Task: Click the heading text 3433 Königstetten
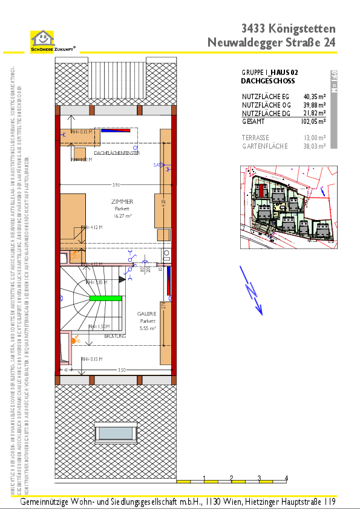(288, 28)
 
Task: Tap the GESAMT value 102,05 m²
(313, 121)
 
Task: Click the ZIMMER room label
(122, 201)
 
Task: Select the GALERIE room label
(148, 313)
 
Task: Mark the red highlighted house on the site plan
(261, 191)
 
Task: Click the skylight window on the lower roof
(117, 432)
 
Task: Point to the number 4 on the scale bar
(286, 478)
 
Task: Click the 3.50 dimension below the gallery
(121, 369)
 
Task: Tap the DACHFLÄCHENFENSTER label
(117, 154)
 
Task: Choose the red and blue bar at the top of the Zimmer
(116, 129)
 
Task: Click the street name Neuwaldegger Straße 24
(271, 42)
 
